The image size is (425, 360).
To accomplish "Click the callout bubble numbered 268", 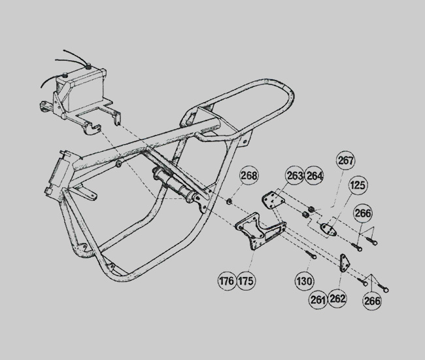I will [249, 175].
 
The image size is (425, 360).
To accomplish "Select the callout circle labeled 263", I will [295, 175].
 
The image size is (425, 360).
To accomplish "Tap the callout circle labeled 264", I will [314, 175].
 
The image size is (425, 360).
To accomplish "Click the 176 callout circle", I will [227, 282].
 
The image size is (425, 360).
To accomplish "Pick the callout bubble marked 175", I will [246, 282].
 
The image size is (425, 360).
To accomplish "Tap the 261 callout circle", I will [318, 299].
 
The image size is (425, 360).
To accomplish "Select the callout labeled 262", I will [338, 299].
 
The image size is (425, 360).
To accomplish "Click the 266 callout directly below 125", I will [364, 214].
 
